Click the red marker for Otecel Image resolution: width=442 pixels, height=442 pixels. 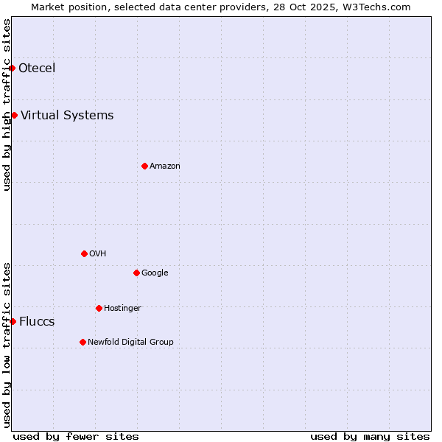(13, 69)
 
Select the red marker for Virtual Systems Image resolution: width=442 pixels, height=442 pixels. (14, 115)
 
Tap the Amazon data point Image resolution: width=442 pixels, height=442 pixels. (144, 166)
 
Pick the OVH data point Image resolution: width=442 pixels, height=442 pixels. (84, 253)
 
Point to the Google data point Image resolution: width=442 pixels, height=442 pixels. (136, 273)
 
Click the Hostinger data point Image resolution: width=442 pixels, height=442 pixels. (99, 308)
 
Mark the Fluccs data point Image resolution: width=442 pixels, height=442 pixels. (13, 321)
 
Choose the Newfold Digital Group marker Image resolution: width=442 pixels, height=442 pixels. (83, 342)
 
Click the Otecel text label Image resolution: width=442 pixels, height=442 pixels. (37, 69)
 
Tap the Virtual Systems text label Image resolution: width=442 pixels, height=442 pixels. (67, 115)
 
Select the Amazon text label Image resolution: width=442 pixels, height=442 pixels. (165, 166)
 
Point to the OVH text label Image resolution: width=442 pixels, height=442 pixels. (98, 253)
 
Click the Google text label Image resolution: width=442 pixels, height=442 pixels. (155, 273)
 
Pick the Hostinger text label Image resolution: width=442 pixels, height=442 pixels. (122, 308)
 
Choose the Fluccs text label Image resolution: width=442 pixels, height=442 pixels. (37, 321)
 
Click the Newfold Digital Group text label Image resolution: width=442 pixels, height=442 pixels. (130, 342)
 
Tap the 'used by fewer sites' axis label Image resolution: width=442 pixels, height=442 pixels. (76, 436)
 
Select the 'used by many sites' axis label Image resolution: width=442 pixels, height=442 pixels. (370, 436)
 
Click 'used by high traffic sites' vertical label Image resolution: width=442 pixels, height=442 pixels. (7, 105)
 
